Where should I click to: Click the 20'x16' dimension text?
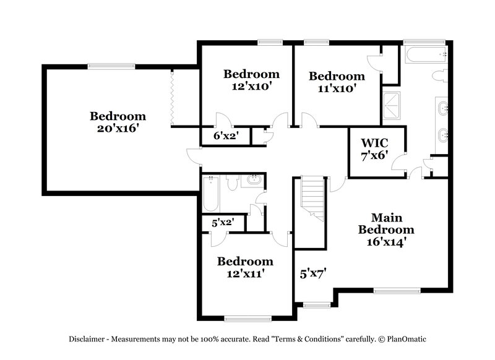[118, 130]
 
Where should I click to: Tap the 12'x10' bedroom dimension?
[251, 87]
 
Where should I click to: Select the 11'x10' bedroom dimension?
[337, 89]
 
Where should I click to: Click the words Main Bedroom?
[387, 224]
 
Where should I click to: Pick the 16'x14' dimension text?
[387, 242]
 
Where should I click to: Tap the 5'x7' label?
[313, 272]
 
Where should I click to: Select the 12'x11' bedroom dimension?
[245, 274]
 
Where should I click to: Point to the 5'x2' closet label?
[222, 223]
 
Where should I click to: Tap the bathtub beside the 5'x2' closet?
[210, 193]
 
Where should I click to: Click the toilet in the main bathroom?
[439, 76]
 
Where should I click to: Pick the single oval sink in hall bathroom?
[253, 181]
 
